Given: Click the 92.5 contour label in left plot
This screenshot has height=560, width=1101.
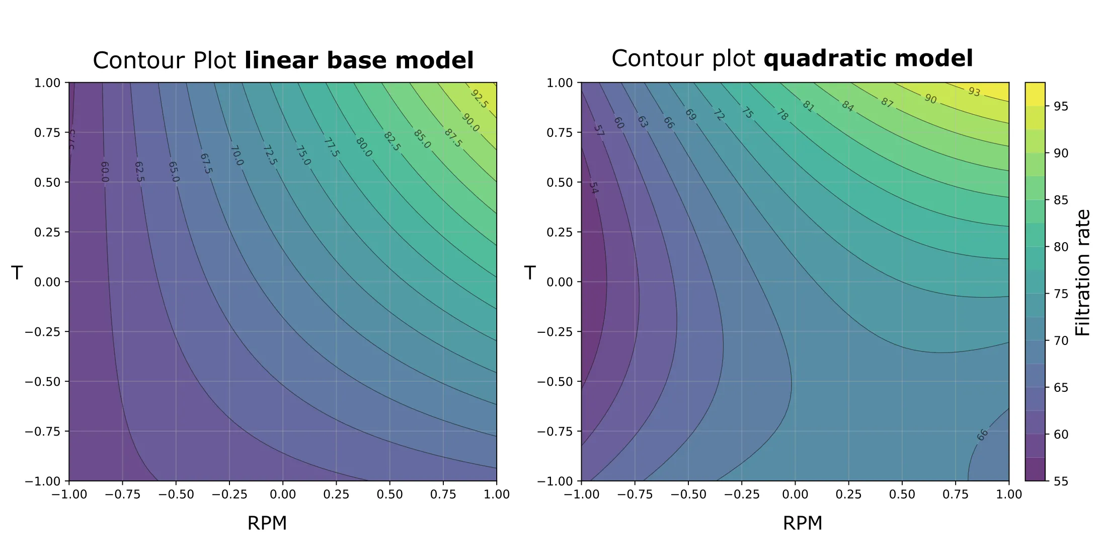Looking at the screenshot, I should [x=479, y=99].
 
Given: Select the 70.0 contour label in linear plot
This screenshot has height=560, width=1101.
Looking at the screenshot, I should [x=237, y=156].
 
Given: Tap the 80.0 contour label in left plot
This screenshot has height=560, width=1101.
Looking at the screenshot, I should [x=363, y=147].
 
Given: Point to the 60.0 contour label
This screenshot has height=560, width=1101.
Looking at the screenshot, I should [x=105, y=172].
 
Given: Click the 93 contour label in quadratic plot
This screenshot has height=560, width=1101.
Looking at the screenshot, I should [x=974, y=92].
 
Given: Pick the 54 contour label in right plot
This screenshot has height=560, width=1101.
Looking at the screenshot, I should [x=594, y=188].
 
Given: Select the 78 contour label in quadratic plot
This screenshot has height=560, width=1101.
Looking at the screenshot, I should [x=781, y=115].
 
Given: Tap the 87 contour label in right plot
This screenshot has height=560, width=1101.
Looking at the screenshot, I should [x=887, y=103].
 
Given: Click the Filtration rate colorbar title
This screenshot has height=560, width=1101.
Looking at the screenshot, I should [x=1082, y=272].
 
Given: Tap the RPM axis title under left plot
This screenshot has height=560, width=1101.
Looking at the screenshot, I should [x=267, y=523].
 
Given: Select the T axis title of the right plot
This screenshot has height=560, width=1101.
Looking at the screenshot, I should [x=529, y=272].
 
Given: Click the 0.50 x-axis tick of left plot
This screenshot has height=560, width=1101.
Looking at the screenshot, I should [x=389, y=494].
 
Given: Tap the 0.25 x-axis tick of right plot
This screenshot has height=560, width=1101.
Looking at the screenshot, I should [x=848, y=494].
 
